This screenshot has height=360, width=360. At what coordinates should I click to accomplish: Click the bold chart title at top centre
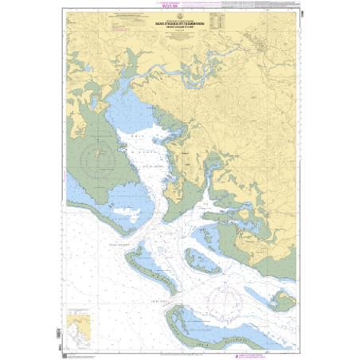(181, 21)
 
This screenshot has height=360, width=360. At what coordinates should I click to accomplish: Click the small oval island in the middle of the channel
(202, 260)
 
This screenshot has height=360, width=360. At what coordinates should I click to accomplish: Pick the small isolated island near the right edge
(282, 300)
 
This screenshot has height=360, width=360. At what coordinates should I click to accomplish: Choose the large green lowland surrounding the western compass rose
(88, 167)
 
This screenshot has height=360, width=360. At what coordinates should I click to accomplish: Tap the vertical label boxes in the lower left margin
(61, 335)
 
